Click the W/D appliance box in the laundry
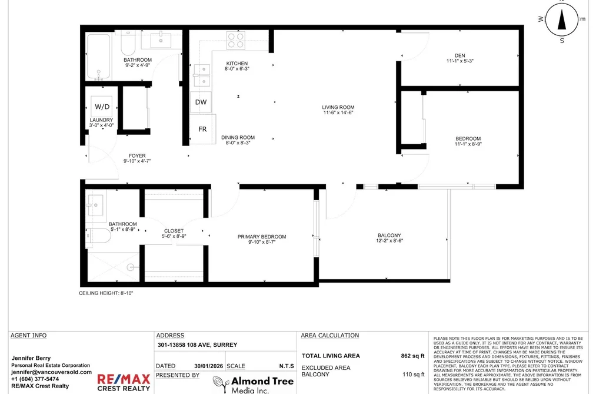click(101, 107)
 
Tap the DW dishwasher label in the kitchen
click(201, 102)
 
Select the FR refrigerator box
click(203, 129)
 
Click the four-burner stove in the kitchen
click(236, 40)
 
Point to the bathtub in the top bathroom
click(98, 57)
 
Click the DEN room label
click(460, 55)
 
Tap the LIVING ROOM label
click(338, 107)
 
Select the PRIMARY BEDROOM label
click(262, 237)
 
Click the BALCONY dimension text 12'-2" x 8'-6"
click(389, 240)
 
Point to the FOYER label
click(137, 155)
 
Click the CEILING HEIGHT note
click(106, 293)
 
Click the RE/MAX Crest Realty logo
click(124, 382)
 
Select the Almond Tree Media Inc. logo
click(253, 385)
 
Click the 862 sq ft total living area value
click(412, 356)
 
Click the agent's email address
click(51, 372)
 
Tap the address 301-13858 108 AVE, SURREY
click(197, 345)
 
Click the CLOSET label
click(174, 231)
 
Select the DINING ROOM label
click(238, 137)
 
